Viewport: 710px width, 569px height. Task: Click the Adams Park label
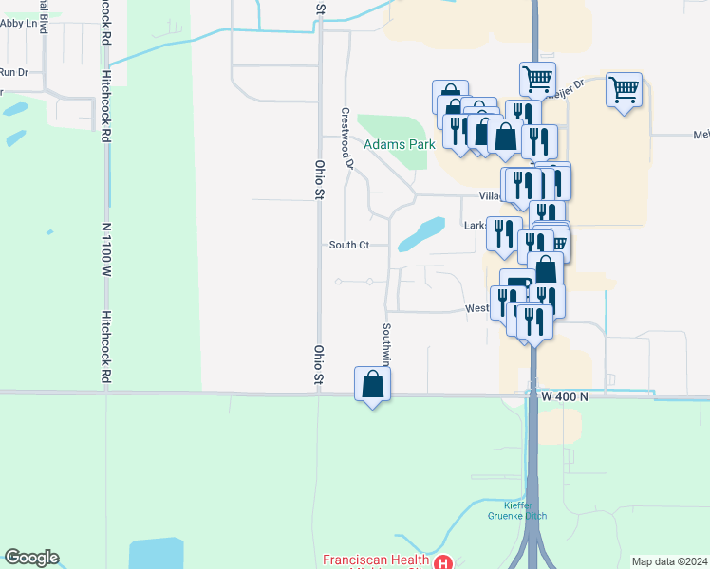[x=399, y=144]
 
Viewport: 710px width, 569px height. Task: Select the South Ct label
[x=348, y=245]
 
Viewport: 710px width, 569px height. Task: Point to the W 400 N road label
[x=564, y=395]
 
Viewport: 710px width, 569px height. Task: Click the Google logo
[x=30, y=558]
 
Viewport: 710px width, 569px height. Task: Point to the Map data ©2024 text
[x=669, y=561]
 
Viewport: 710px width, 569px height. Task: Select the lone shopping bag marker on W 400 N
[x=372, y=385]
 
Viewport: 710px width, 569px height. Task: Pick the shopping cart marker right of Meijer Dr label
[x=624, y=91]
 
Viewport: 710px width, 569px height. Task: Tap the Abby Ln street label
[x=24, y=24]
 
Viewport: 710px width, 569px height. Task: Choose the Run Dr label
[x=13, y=72]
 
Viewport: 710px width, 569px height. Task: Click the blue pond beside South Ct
[x=421, y=232]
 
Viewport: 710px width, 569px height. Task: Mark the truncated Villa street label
[x=489, y=195]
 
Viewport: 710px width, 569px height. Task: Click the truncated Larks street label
[x=475, y=226]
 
